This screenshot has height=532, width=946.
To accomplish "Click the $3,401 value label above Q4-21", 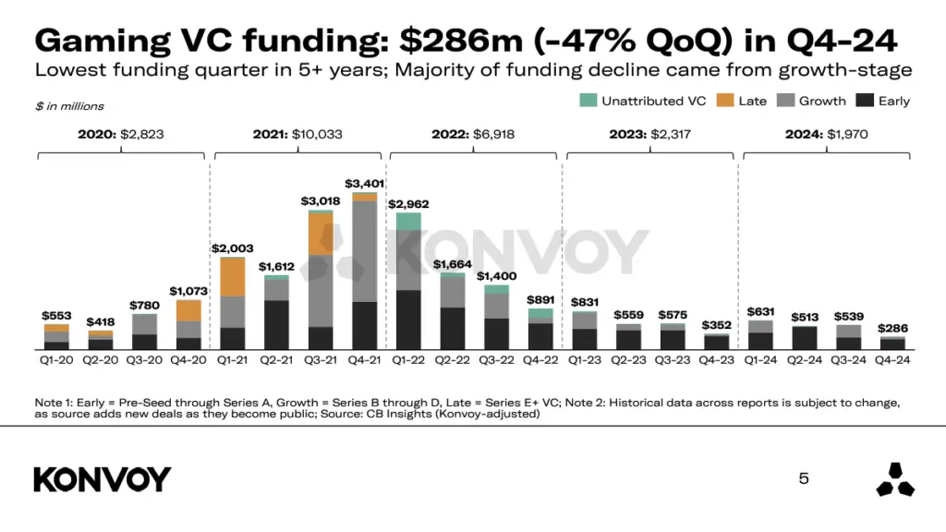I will pos(364,184).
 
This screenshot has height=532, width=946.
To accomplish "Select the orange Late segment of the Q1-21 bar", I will pos(232,276).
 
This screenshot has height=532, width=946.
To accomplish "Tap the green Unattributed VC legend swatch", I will pos(588,101).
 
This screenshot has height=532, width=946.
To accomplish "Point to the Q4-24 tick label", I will pos(891,360).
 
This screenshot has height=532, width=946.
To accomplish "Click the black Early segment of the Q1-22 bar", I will pos(408,319).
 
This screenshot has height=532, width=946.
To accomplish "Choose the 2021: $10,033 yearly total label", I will pos(297,134).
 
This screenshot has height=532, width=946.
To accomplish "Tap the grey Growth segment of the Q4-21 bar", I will pos(364,250).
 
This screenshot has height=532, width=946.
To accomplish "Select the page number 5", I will pos(804,478).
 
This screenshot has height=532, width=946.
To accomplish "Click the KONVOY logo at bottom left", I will pos(103,479).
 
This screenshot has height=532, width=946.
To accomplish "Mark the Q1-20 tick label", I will pos(56,360).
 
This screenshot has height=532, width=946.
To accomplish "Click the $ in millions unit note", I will pos(69,107).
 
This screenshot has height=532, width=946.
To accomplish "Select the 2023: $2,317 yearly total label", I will pos(650,134).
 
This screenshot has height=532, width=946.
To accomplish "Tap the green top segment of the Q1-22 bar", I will pos(408,221).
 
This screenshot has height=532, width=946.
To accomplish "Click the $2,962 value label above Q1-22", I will pos(408,204).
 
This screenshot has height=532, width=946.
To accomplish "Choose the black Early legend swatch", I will pos(865,101).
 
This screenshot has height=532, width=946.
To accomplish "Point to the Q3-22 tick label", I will pos(497,360).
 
